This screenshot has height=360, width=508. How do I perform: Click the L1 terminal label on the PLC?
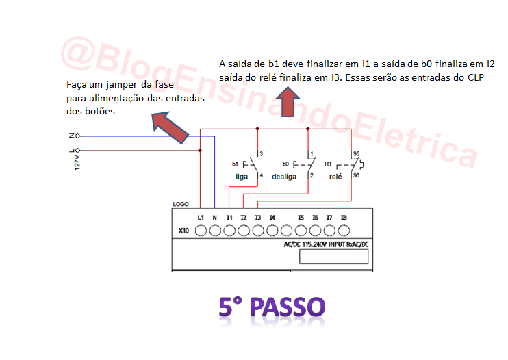tap(201, 217)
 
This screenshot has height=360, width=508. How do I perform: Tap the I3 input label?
tap(257, 217)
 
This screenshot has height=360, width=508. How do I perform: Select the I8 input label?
tap(343, 217)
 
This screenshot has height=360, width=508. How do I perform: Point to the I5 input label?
tap(301, 217)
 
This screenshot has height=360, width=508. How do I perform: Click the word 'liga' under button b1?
tap(241, 176)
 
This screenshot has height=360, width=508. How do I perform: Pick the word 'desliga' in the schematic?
tap(284, 176)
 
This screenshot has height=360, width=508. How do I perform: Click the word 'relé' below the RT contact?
tap(335, 176)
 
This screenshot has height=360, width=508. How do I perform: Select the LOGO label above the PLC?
tap(181, 204)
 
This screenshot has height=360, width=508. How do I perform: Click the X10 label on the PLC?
tap(183, 231)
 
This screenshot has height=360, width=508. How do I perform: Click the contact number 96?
tap(356, 175)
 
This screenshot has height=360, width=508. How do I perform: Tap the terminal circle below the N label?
tap(215, 231)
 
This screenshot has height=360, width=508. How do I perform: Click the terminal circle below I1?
tap(229, 231)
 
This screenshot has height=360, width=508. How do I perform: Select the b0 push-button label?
tap(285, 164)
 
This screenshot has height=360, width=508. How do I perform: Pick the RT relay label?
tap(328, 164)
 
